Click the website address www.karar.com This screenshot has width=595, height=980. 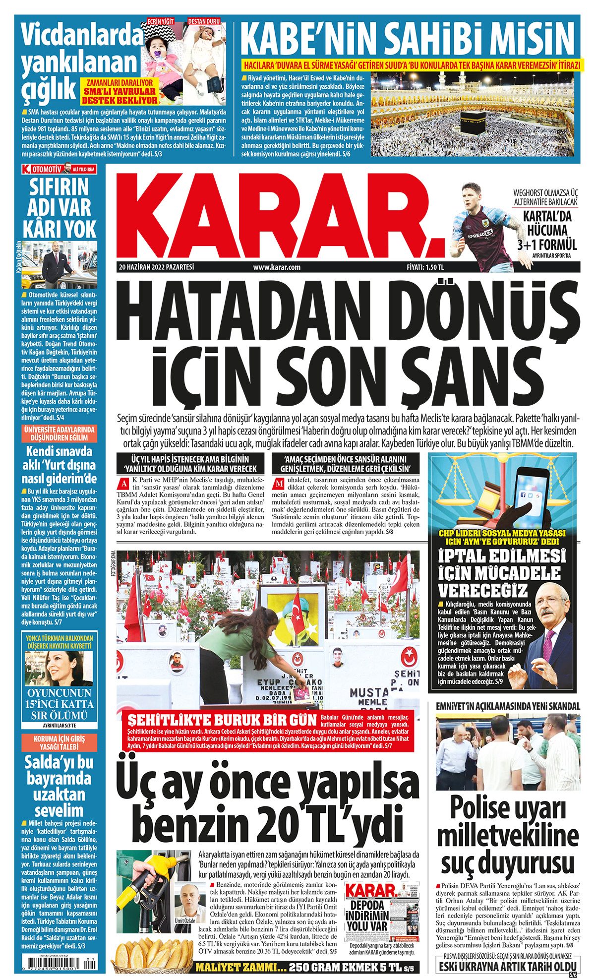277,267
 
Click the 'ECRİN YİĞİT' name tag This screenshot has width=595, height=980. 161,21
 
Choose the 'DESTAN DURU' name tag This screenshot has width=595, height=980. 204,21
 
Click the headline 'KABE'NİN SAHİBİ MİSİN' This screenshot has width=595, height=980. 410,38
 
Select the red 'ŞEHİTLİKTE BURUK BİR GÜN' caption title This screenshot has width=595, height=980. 222,720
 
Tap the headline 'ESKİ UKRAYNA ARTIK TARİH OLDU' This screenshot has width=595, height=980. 508,966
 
